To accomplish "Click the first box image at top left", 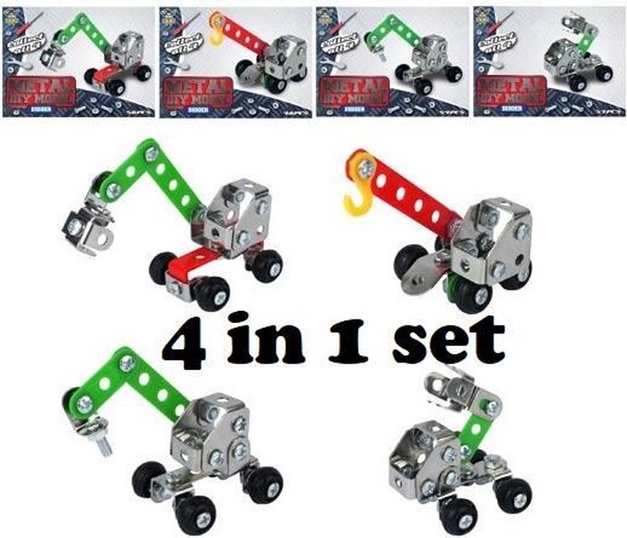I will tap(78, 59).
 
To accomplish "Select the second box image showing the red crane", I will tap(235, 59).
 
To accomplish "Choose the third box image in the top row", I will tap(392, 59).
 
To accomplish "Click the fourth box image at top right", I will tap(549, 59).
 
